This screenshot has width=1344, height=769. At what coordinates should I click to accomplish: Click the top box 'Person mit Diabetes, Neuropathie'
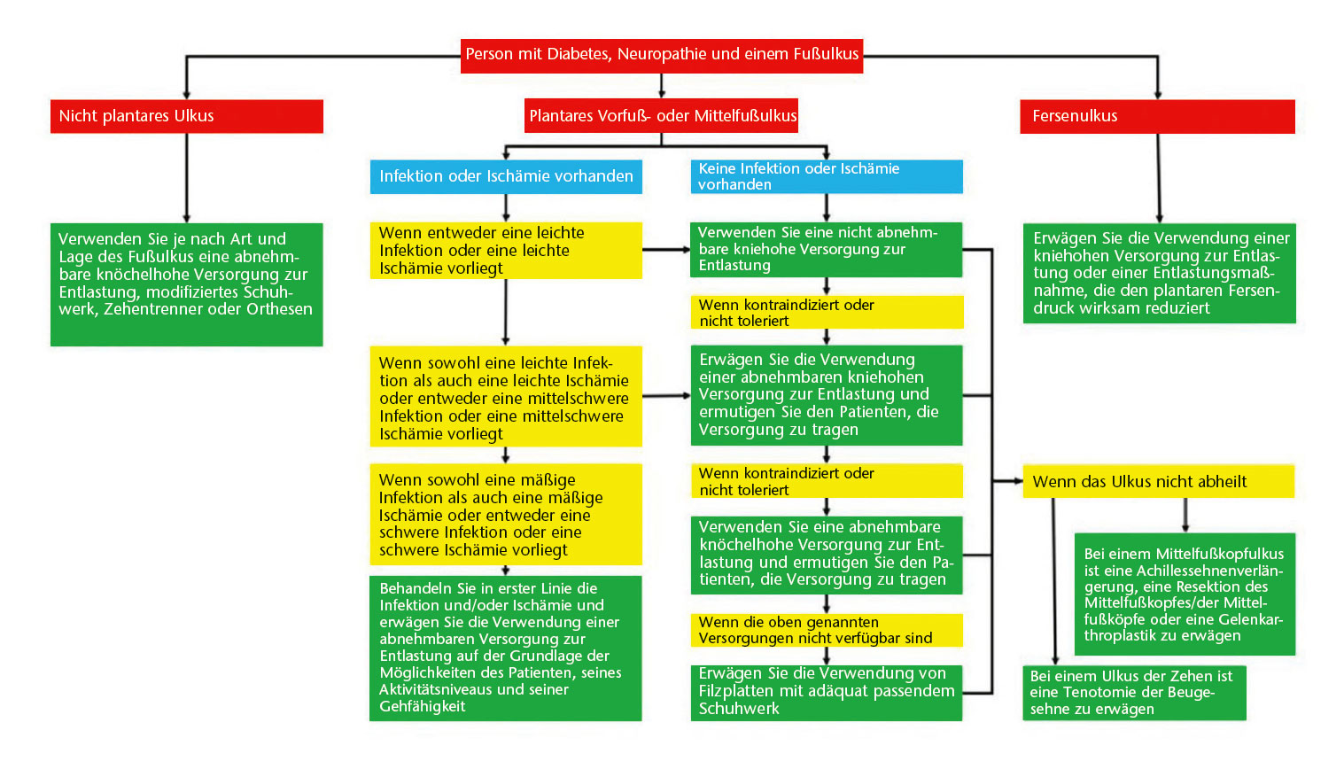[x=661, y=54]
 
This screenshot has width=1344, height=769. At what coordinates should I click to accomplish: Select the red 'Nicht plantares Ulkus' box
[x=186, y=116]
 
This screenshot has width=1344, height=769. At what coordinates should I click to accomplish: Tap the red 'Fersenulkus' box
[x=1157, y=116]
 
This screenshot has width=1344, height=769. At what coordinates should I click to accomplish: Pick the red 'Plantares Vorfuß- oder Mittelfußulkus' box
[x=661, y=116]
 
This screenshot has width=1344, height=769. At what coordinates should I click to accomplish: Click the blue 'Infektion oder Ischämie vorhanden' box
[x=506, y=176]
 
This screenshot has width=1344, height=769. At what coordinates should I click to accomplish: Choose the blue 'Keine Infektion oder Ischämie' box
[x=826, y=176]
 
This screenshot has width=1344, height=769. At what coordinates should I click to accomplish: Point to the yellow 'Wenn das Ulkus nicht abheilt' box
[x=1157, y=482]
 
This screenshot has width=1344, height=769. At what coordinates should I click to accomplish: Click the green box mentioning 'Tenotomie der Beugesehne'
[x=1133, y=693]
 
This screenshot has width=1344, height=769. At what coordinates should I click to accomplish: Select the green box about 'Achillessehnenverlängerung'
[x=1184, y=594]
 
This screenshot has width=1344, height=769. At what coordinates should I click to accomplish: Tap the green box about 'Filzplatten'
[x=826, y=692]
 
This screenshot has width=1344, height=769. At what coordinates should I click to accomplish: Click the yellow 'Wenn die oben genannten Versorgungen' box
[x=826, y=630]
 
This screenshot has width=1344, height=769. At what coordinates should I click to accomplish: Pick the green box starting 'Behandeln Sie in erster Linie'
[x=505, y=648]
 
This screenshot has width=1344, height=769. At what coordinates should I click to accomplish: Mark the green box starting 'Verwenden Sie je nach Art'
[x=186, y=284]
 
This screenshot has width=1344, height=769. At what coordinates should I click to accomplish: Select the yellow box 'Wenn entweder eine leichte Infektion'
[x=505, y=251]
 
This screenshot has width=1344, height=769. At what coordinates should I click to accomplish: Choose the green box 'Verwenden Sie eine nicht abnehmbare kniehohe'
[x=826, y=249]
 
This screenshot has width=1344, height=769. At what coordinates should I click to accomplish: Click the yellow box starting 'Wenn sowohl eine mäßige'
[x=505, y=515]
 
